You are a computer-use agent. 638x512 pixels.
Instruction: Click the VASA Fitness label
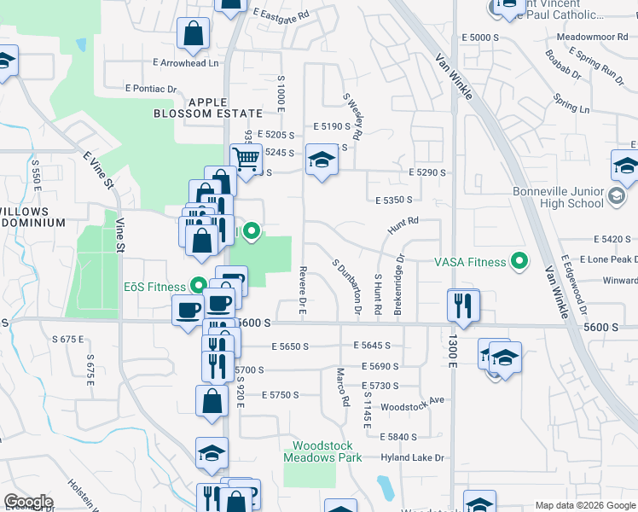click(470, 262)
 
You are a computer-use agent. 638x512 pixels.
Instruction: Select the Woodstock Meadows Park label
click(327, 451)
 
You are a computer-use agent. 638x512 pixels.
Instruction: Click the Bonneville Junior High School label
click(558, 197)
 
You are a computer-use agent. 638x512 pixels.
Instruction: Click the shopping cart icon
click(246, 159)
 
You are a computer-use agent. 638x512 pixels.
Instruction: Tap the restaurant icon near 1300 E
click(463, 305)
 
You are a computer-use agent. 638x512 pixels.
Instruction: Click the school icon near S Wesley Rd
click(322, 160)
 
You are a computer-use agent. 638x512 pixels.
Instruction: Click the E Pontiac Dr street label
click(150, 88)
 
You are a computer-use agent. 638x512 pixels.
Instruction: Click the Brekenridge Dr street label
click(398, 285)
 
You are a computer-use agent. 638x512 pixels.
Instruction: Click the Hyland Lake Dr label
click(414, 458)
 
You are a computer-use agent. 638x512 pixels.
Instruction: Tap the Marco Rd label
click(342, 387)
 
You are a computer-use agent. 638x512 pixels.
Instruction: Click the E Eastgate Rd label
click(281, 12)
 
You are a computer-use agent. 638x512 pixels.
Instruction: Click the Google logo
click(28, 503)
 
